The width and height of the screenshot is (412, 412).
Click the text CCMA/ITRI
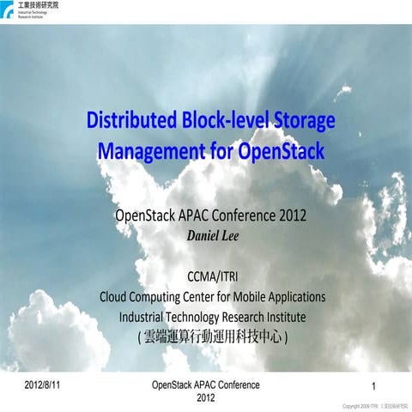(211, 276)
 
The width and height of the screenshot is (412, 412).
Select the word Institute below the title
(284, 317)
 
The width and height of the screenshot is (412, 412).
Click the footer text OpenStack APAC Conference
(205, 385)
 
